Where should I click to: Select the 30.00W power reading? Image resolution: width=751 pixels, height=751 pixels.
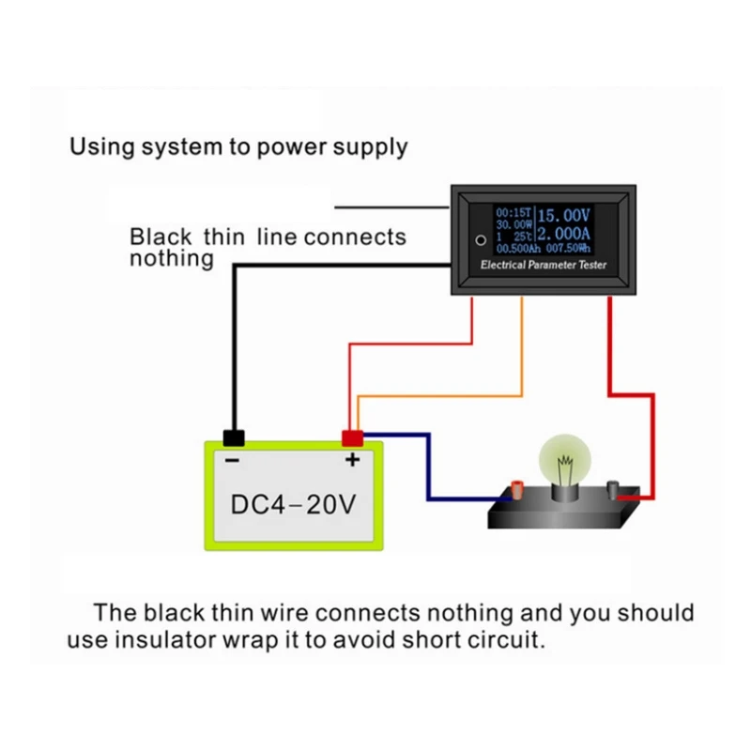point(514,225)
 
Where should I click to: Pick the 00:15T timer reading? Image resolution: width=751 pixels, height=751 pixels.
point(514,213)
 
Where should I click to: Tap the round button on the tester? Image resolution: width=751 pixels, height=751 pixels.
point(481,239)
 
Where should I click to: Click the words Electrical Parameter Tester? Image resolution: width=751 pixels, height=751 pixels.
point(544,266)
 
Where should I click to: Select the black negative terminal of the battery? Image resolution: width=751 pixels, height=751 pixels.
point(233,437)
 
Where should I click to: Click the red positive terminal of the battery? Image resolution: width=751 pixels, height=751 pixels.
point(352,437)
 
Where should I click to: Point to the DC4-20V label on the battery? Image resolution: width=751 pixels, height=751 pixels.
point(294,504)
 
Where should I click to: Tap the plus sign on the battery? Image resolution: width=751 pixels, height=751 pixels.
point(352,459)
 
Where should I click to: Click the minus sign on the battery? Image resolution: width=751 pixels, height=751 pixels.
point(232,459)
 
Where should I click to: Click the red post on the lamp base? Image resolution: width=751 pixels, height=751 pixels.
point(515,487)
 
